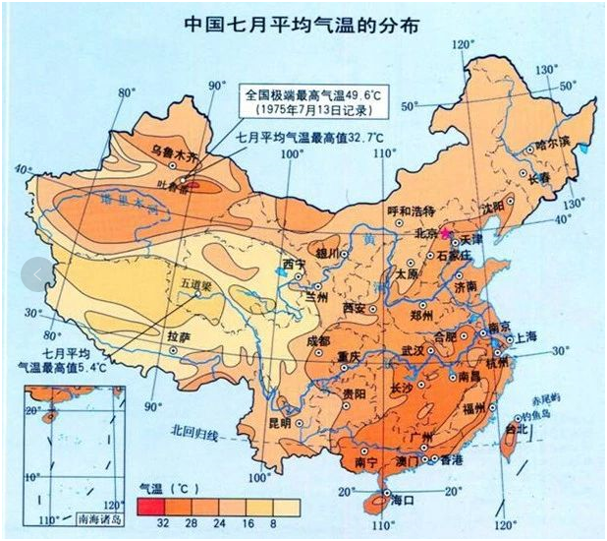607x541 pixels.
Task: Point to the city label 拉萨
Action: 179,336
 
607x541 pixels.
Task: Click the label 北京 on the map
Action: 425,234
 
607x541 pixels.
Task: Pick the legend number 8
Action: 271,523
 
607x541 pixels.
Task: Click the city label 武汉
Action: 414,350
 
